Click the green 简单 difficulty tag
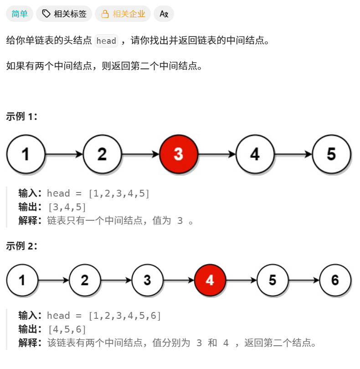pyautogui.click(x=20, y=14)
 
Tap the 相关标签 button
pyautogui.click(x=64, y=14)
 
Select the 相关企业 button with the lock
pyautogui.click(x=123, y=14)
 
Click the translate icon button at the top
pyautogui.click(x=164, y=14)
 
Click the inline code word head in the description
pyautogui.click(x=106, y=41)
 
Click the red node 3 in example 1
pyautogui.click(x=178, y=154)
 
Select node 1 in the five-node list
pyautogui.click(x=26, y=154)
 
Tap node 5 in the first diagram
pyautogui.click(x=331, y=154)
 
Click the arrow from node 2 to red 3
pyautogui.click(x=140, y=155)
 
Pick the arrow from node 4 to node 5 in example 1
pyautogui.click(x=293, y=155)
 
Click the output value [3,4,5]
pyautogui.click(x=67, y=207)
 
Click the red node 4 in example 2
pyautogui.click(x=210, y=280)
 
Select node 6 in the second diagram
pyautogui.click(x=335, y=280)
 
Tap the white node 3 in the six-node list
pyautogui.click(x=147, y=280)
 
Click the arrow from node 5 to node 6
pyautogui.click(x=303, y=280)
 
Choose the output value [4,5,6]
pyautogui.click(x=67, y=329)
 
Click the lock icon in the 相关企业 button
pyautogui.click(x=105, y=14)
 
